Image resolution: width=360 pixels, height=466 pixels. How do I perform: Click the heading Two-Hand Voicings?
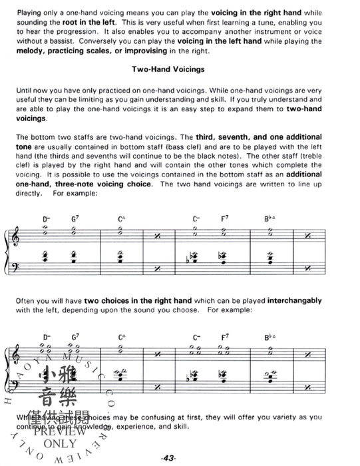coord(180,69)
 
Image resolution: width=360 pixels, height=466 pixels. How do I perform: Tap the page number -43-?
coord(180,459)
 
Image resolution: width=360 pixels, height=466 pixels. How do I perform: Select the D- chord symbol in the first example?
coord(47,218)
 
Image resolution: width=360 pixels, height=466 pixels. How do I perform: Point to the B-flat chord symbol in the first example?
coord(270,218)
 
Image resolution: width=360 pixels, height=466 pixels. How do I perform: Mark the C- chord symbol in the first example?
coord(196,218)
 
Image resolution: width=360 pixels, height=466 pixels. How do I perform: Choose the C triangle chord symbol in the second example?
coord(122,338)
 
